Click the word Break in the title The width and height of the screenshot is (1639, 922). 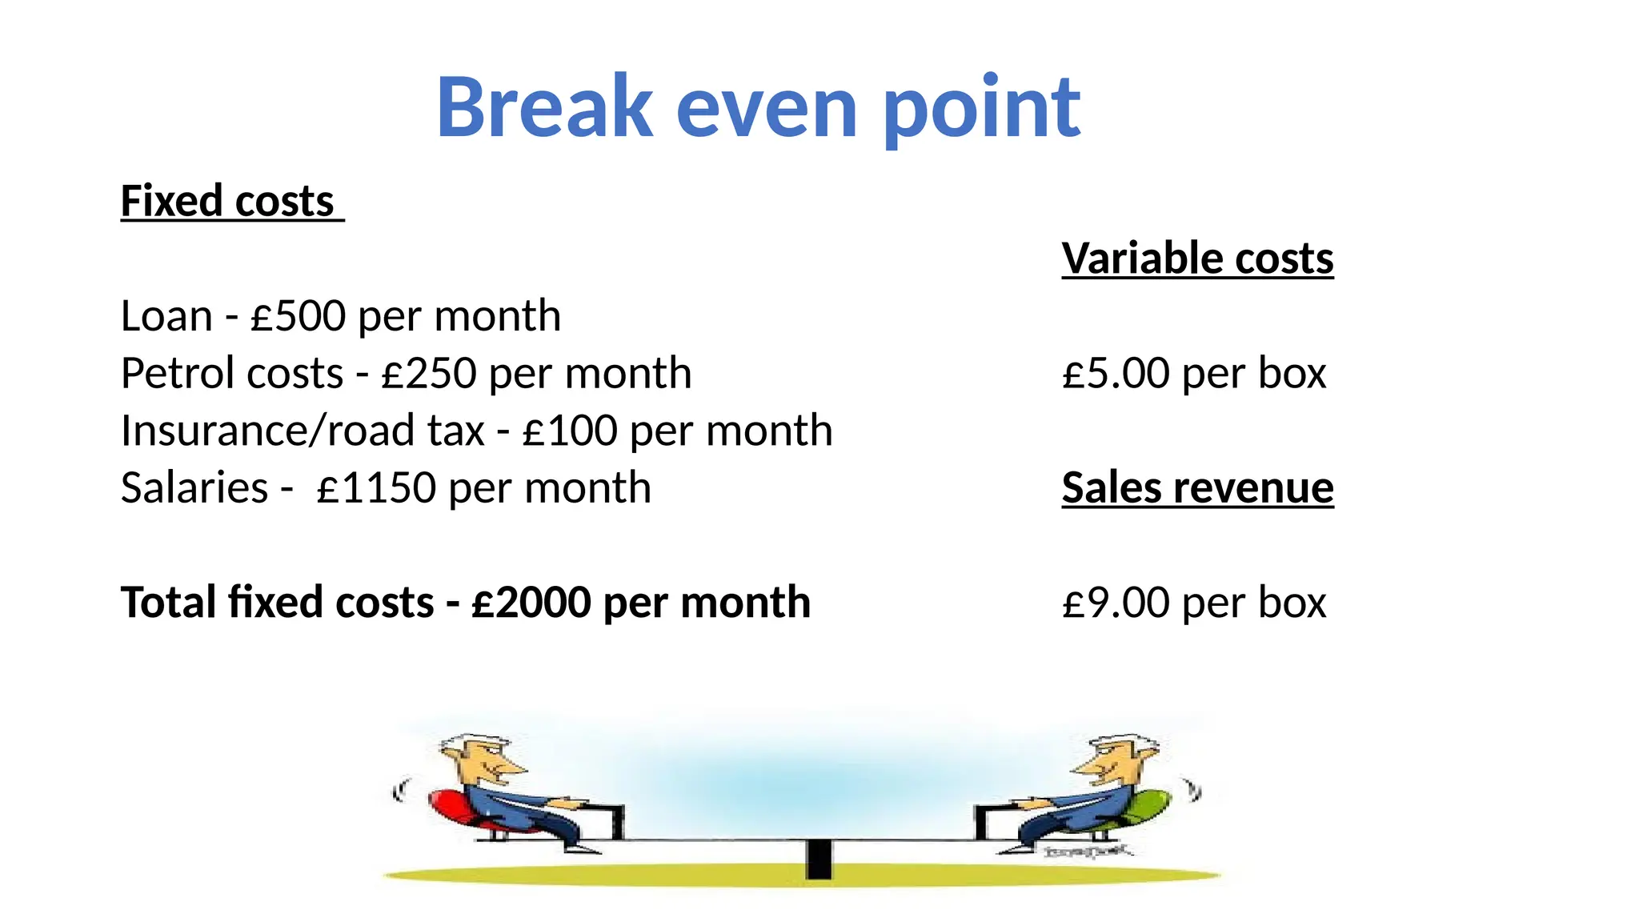point(544,107)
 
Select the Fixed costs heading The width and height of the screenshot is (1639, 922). point(227,201)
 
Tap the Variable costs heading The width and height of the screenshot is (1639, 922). point(1197,259)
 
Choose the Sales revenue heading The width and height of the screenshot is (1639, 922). point(1197,487)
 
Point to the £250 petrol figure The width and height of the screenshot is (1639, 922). point(429,374)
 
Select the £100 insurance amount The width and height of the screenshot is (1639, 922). point(570,431)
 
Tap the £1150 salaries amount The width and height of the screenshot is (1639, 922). point(376,488)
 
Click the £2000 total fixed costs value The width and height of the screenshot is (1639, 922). point(531,603)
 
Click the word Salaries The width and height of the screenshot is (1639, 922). point(194,488)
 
